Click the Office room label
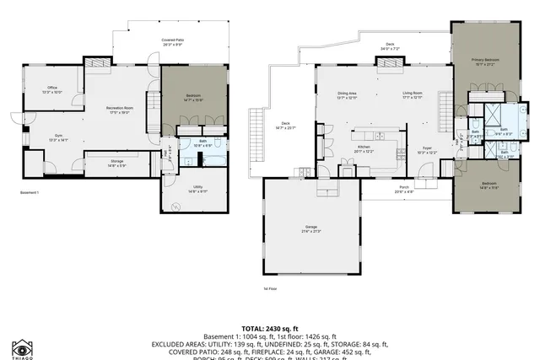click(x=51, y=89)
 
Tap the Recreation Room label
click(x=120, y=109)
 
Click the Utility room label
click(x=197, y=188)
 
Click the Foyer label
click(x=428, y=148)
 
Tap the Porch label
click(x=404, y=189)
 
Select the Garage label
click(x=311, y=227)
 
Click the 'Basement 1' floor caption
click(x=31, y=193)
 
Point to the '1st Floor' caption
click(x=268, y=288)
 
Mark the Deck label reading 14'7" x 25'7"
click(x=280, y=127)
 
